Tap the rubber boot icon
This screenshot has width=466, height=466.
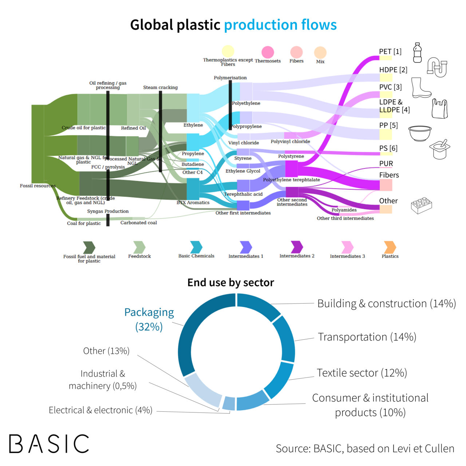pos(420,87)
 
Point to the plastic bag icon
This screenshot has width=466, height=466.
pos(439,109)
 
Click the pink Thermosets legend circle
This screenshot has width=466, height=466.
pos(268,52)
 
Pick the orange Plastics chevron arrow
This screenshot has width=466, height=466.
pos(390,247)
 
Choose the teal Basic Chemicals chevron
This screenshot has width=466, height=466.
pos(196,247)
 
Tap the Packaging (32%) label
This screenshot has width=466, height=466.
pos(149,319)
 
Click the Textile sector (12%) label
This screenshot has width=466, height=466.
pos(362,373)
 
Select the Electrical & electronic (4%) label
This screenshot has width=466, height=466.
pos(100,410)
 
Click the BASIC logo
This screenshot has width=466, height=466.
pos(49,443)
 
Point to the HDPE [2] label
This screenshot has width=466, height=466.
pos(393,70)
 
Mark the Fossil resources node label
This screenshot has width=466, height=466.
pos(37,186)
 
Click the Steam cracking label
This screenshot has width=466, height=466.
pos(160,87)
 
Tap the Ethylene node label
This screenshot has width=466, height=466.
pos(193,125)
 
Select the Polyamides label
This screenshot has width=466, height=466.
pos(344,210)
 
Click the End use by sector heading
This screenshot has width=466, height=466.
pos(230,283)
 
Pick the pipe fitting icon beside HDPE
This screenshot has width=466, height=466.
pos(437,67)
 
